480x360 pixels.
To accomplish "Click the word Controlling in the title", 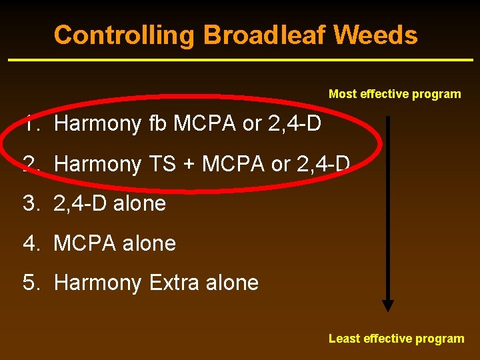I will tap(124, 35).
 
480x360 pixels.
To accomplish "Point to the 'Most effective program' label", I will tap(395, 94).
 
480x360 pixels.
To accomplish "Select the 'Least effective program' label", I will tap(396, 339).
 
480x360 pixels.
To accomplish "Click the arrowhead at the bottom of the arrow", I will tap(388, 305).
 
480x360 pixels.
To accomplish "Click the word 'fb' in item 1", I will tap(157, 123).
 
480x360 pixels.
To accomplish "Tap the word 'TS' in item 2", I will tap(162, 163).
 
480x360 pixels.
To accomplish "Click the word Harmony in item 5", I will tap(97, 283).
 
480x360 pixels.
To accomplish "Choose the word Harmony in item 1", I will tap(97, 124).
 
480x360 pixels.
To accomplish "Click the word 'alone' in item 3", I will tap(139, 203).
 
